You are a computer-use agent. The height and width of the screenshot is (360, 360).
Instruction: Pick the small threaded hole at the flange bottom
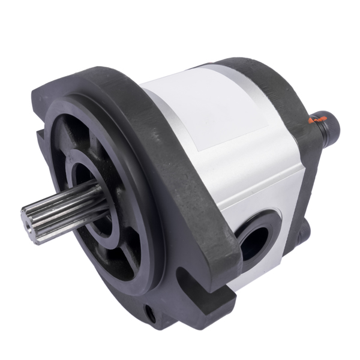click(x=149, y=313)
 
